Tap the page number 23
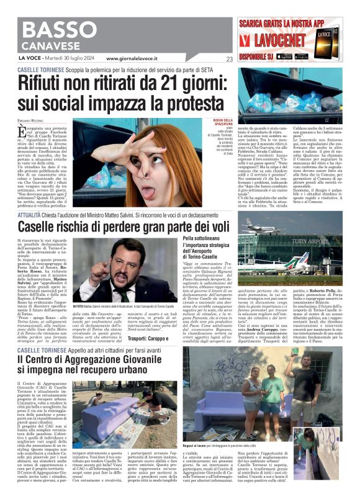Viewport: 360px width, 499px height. (229, 60)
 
